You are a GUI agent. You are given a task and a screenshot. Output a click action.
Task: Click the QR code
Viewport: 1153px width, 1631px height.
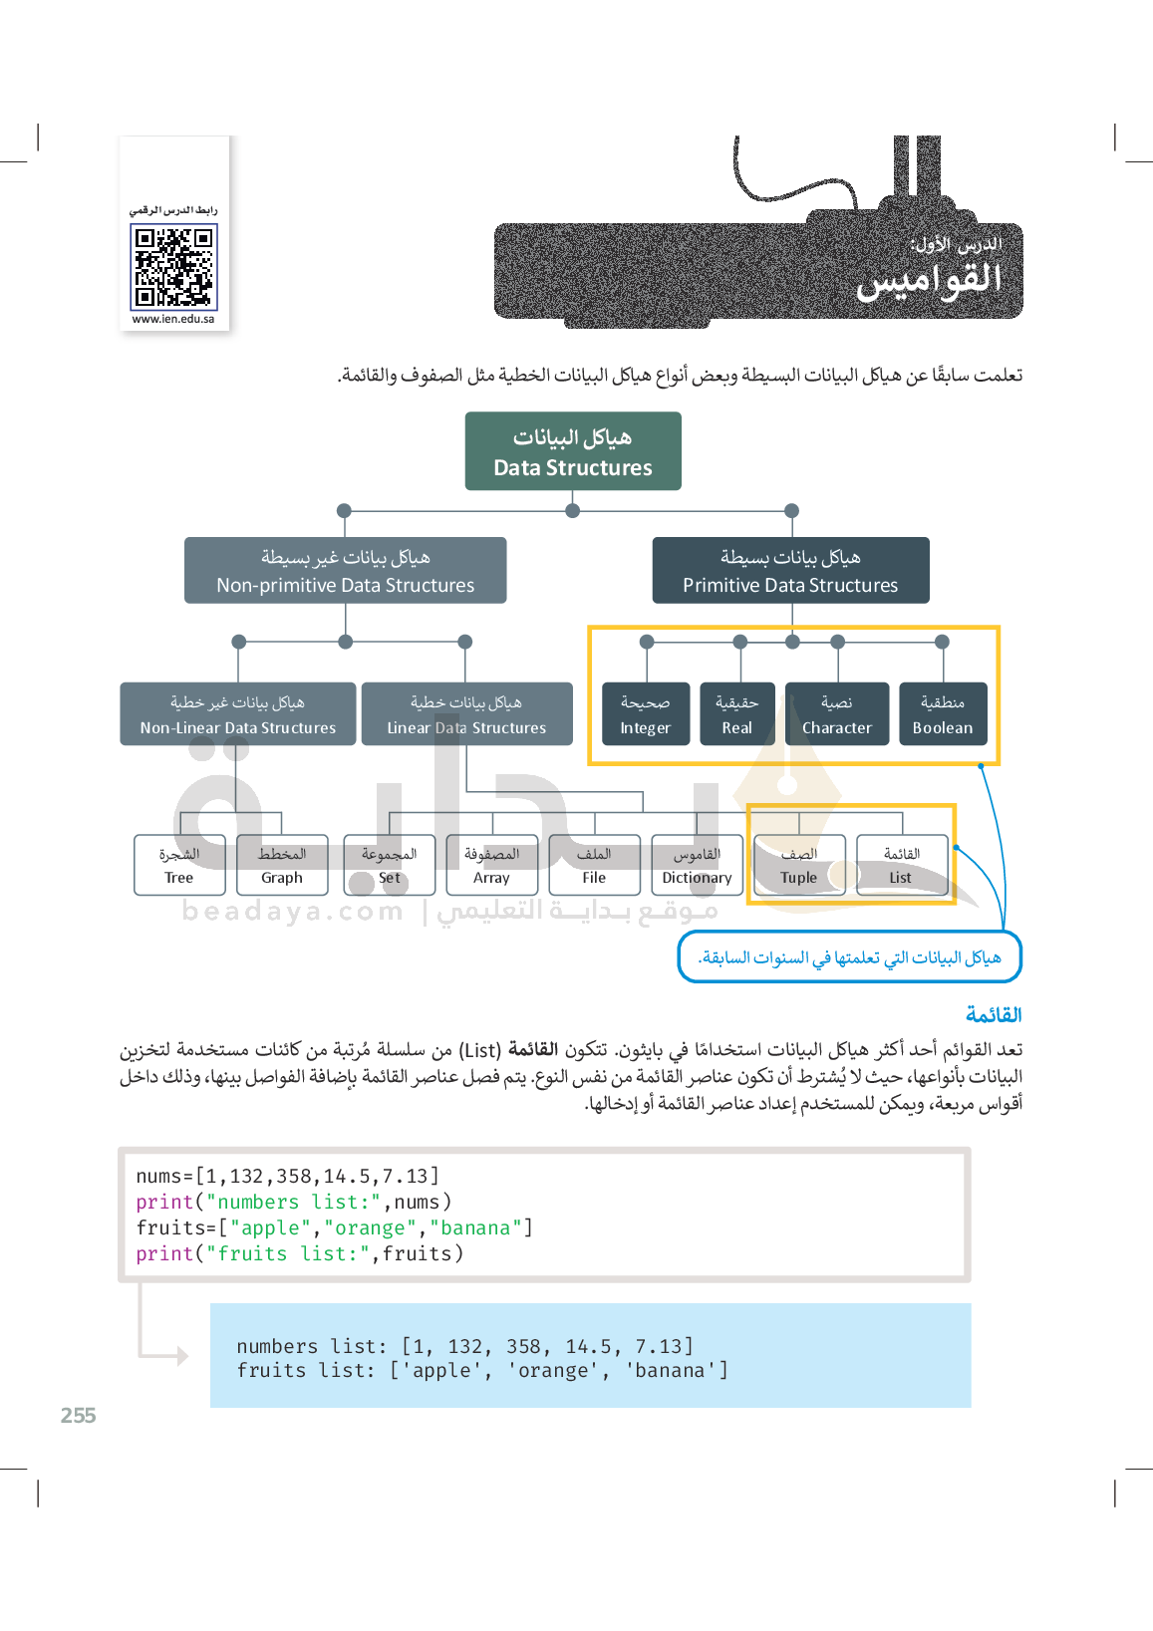[x=173, y=267]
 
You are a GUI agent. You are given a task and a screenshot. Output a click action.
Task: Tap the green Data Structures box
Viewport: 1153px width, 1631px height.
[x=573, y=451]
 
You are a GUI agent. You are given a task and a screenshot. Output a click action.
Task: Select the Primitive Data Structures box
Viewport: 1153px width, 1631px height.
[x=790, y=571]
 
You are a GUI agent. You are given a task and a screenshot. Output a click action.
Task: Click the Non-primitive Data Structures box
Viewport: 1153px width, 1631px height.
[x=345, y=571]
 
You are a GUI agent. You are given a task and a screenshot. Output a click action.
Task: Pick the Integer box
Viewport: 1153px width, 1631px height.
[x=646, y=714]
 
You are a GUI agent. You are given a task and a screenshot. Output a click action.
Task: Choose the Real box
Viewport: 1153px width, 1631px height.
[x=737, y=714]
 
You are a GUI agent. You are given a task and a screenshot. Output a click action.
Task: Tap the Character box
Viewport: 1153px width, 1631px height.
[x=837, y=714]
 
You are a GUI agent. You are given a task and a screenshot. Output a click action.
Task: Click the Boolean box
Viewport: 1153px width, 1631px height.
[x=943, y=714]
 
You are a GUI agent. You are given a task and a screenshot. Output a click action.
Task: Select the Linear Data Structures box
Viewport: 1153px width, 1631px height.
[x=466, y=714]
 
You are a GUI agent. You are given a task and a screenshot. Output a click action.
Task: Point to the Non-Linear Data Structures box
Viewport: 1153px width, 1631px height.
[x=238, y=714]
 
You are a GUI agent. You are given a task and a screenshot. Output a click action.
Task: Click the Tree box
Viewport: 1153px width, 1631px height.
[x=179, y=866]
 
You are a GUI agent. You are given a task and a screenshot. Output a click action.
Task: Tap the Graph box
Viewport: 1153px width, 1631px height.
[x=282, y=866]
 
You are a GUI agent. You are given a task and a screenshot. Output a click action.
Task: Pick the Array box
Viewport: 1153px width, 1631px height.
[x=491, y=866]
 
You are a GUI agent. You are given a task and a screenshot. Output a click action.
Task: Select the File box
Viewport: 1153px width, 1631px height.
[x=594, y=866]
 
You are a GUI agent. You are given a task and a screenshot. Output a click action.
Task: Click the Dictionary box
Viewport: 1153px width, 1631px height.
[x=697, y=866]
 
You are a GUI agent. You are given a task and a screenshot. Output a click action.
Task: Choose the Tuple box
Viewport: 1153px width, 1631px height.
[x=799, y=866]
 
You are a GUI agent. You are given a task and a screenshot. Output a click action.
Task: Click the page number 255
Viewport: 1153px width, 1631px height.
[x=79, y=1416]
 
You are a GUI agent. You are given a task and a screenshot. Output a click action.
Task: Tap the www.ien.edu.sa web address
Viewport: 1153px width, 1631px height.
[x=173, y=320]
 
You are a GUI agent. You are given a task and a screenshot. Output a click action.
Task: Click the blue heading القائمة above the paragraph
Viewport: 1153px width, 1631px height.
[x=994, y=1015]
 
